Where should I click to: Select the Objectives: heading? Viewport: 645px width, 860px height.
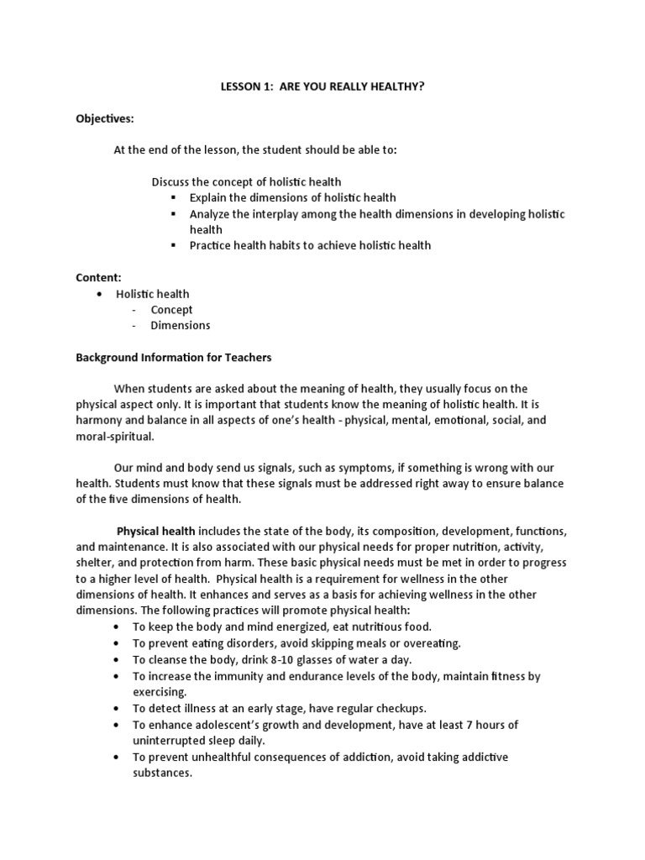tap(105, 118)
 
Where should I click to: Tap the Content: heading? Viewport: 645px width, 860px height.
tap(99, 276)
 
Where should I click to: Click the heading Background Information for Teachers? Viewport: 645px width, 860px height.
tap(174, 357)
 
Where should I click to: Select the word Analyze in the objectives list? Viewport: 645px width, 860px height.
tap(211, 214)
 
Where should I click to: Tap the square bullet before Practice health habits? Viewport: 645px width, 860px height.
tap(174, 245)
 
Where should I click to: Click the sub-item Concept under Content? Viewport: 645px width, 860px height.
tap(171, 309)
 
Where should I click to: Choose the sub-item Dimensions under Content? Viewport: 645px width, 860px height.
tap(181, 325)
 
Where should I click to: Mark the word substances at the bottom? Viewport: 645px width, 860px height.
tap(162, 773)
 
